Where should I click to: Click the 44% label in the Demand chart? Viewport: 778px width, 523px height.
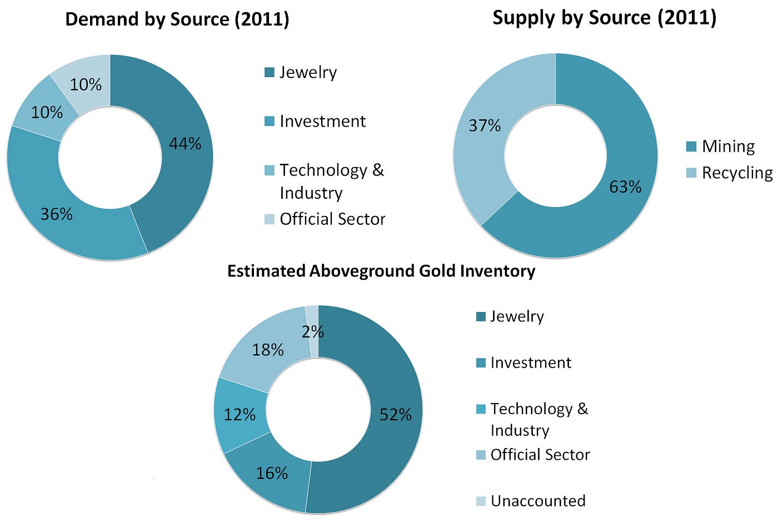tap(185, 143)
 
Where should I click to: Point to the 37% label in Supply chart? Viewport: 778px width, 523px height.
tap(485, 125)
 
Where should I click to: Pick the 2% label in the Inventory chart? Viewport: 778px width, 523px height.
tap(312, 332)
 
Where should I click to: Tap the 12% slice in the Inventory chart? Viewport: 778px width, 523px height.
tap(240, 415)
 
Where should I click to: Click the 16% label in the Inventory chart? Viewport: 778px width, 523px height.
tap(272, 473)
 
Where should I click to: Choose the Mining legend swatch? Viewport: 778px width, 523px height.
tap(691, 147)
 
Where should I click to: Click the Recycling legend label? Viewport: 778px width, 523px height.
tap(737, 173)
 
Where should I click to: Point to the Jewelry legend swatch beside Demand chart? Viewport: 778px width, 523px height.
tap(270, 73)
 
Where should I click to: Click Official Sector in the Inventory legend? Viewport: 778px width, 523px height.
tap(540, 455)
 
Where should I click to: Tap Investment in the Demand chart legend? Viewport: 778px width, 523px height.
tap(323, 122)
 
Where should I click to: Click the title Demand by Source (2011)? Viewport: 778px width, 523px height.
tap(177, 19)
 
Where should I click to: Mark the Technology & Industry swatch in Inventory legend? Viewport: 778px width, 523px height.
tap(481, 409)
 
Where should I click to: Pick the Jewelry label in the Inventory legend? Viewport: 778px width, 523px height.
tap(517, 316)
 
